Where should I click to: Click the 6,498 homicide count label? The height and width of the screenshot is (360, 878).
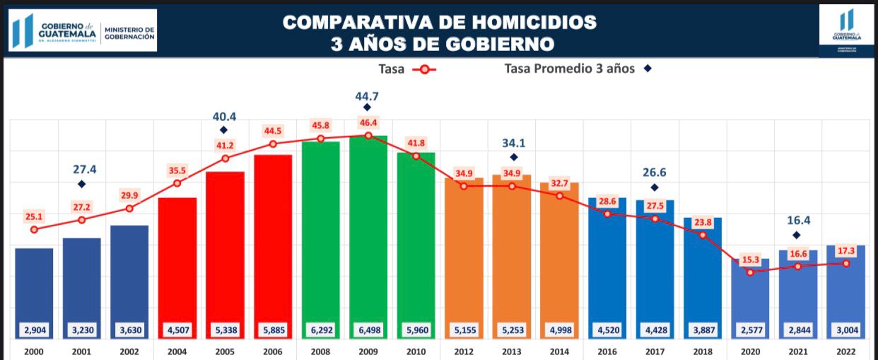368,330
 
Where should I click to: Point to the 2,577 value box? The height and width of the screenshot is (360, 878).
750,330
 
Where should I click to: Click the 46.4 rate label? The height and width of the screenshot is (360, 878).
368,122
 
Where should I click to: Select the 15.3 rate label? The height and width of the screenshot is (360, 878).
750,260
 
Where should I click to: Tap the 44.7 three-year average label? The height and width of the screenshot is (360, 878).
367,95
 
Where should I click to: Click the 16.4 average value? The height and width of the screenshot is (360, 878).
797,220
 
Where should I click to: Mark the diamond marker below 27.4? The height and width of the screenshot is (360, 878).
81,184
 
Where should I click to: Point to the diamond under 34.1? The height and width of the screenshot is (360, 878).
514,157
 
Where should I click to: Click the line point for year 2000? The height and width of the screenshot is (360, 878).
34,229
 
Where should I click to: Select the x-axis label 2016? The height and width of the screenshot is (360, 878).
607,352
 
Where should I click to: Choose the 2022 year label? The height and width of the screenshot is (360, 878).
845,352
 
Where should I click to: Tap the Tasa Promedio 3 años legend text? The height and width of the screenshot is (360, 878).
569,69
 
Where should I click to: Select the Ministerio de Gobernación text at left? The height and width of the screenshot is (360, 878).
129,33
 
